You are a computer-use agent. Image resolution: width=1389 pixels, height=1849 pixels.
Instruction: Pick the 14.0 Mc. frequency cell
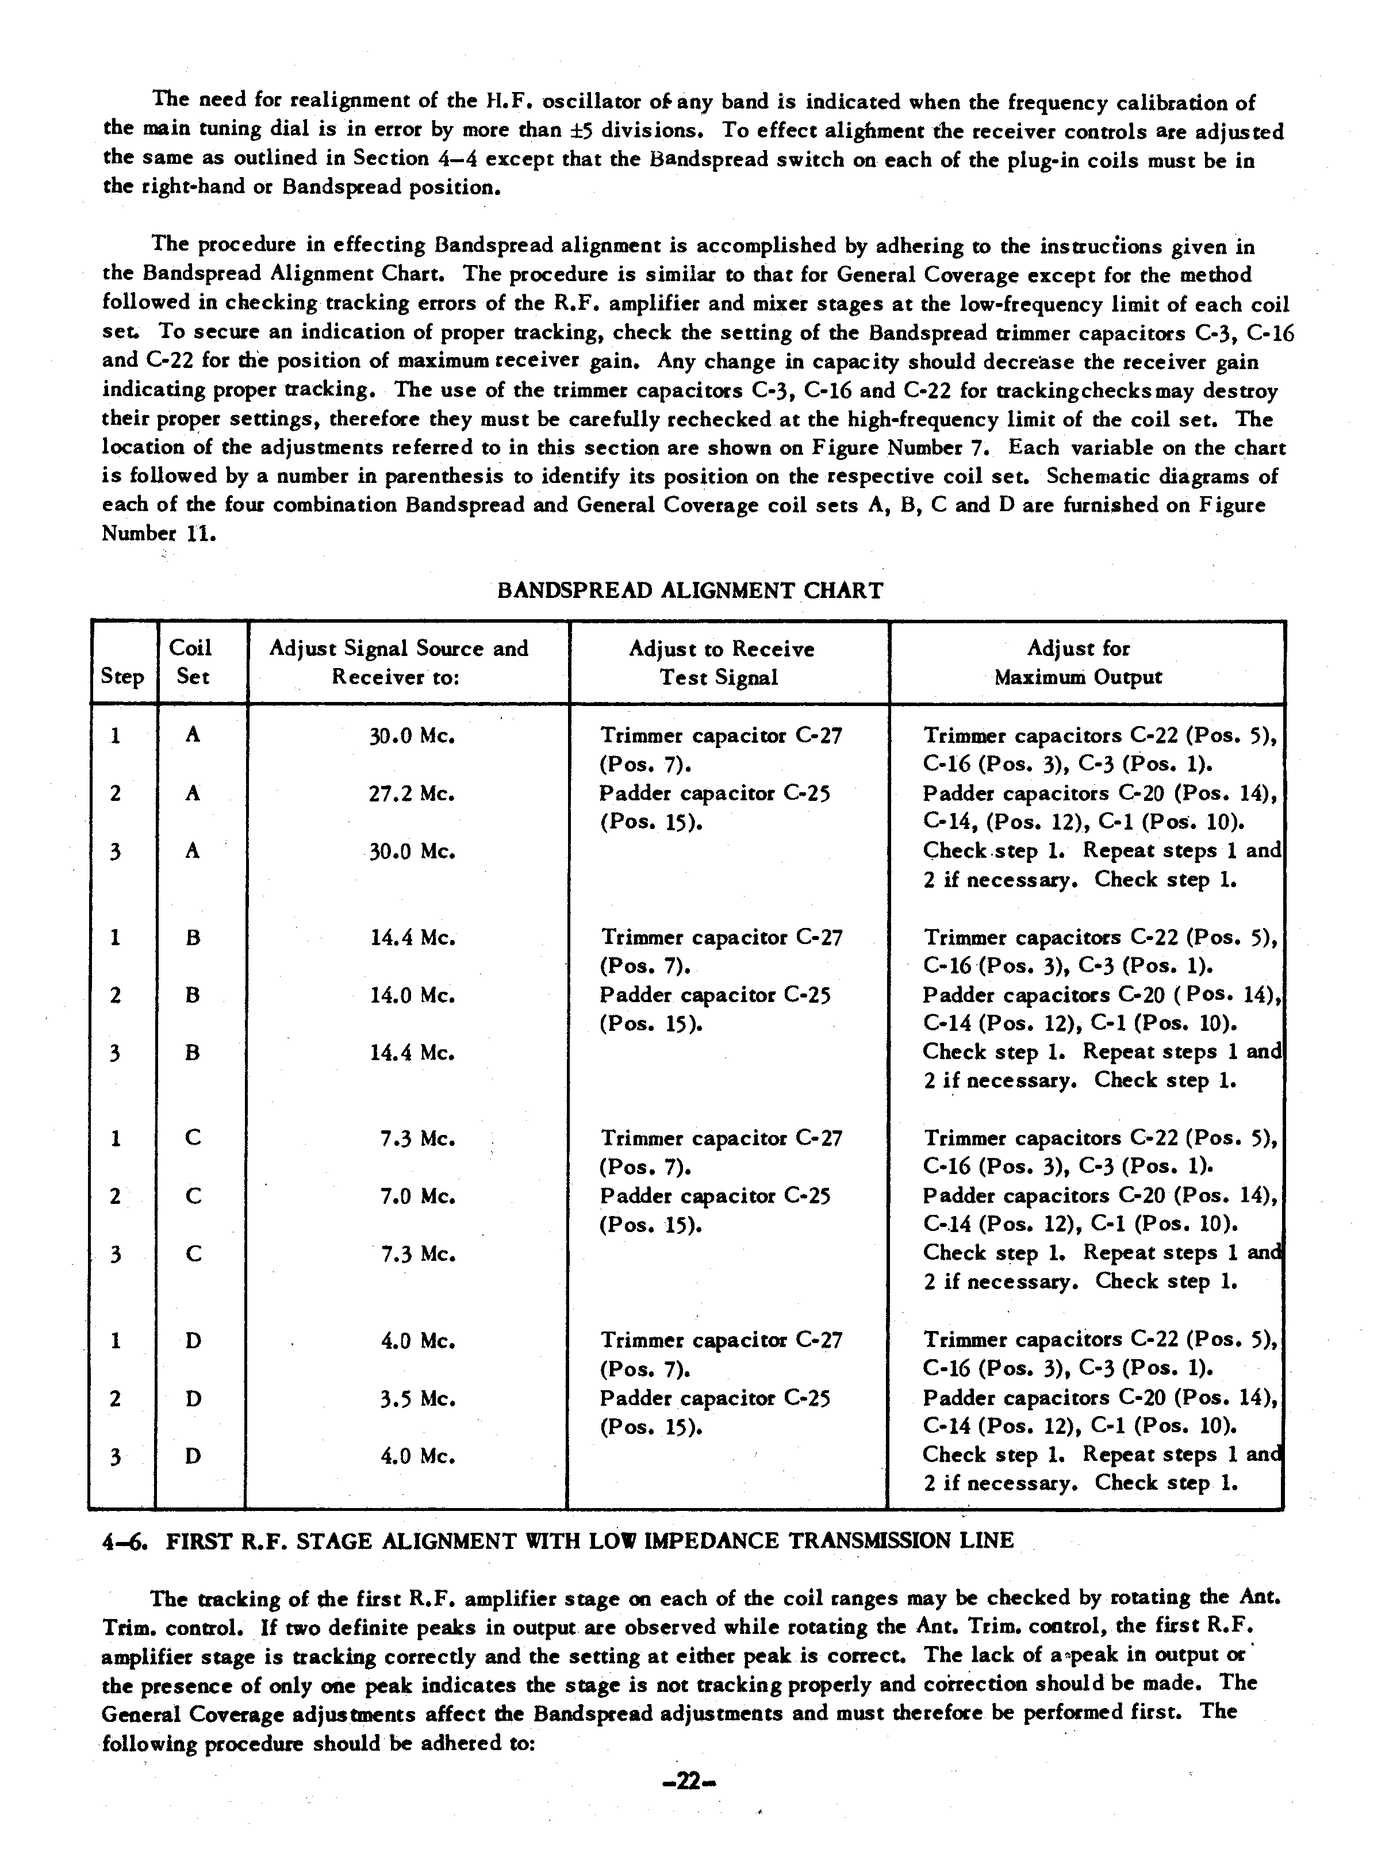(x=413, y=996)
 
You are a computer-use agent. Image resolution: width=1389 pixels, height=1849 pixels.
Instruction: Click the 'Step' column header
(x=122, y=676)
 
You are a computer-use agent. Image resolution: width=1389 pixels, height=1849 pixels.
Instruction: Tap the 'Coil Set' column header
(x=191, y=662)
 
